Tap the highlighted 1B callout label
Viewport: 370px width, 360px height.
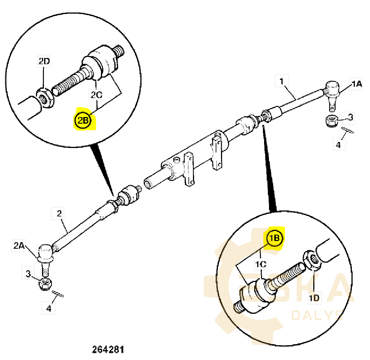[x=274, y=238]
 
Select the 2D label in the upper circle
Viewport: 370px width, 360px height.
[x=44, y=61]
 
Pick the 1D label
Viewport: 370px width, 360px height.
[x=315, y=298]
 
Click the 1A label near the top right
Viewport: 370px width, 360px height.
[x=356, y=84]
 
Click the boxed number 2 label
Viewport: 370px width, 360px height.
[x=59, y=214]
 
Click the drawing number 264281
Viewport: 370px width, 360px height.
[x=108, y=349]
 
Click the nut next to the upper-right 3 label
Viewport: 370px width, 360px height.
[x=332, y=121]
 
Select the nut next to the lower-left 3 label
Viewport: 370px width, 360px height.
[x=46, y=284]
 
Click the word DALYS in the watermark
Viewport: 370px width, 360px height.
[x=316, y=315]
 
